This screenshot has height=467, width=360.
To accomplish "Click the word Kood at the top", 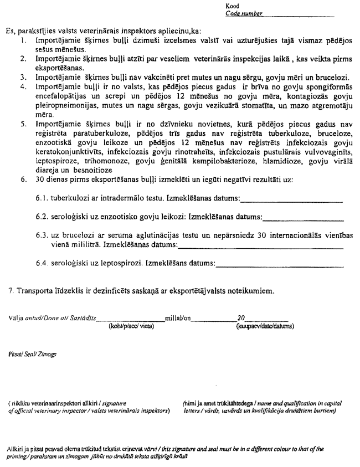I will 232,6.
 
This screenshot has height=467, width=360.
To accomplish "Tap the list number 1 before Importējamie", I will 22,41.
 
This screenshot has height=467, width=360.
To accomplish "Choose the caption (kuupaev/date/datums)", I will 261,326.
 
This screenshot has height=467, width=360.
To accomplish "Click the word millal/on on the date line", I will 178,319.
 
